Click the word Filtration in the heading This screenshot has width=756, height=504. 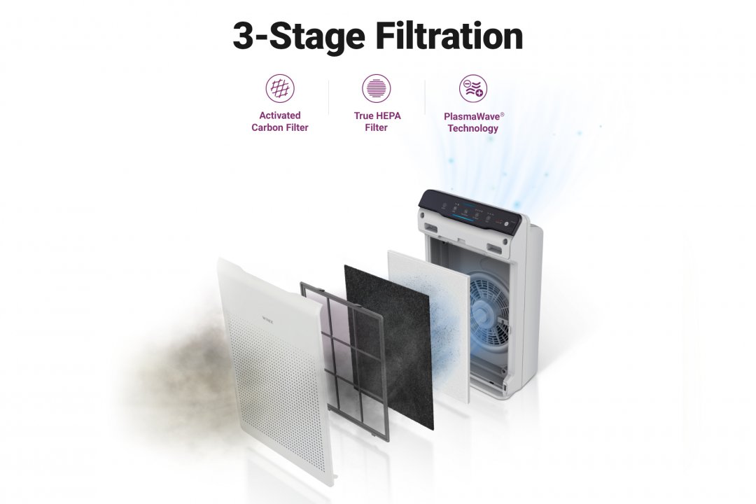click(x=449, y=36)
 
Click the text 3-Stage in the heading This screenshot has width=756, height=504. click(x=298, y=36)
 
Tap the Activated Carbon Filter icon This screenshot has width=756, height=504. click(x=279, y=88)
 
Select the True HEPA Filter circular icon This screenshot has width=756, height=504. click(x=376, y=88)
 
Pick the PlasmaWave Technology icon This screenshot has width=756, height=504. click(x=473, y=88)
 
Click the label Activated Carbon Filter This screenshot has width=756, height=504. click(x=279, y=122)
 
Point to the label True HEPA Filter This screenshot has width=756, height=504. click(x=377, y=122)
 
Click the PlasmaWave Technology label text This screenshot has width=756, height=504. click(x=473, y=122)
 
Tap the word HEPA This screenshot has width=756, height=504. click(x=388, y=115)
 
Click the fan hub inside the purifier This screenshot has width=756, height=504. click(x=484, y=314)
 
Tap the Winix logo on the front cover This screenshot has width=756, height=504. click(x=267, y=318)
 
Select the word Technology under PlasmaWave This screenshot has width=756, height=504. click(x=473, y=128)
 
